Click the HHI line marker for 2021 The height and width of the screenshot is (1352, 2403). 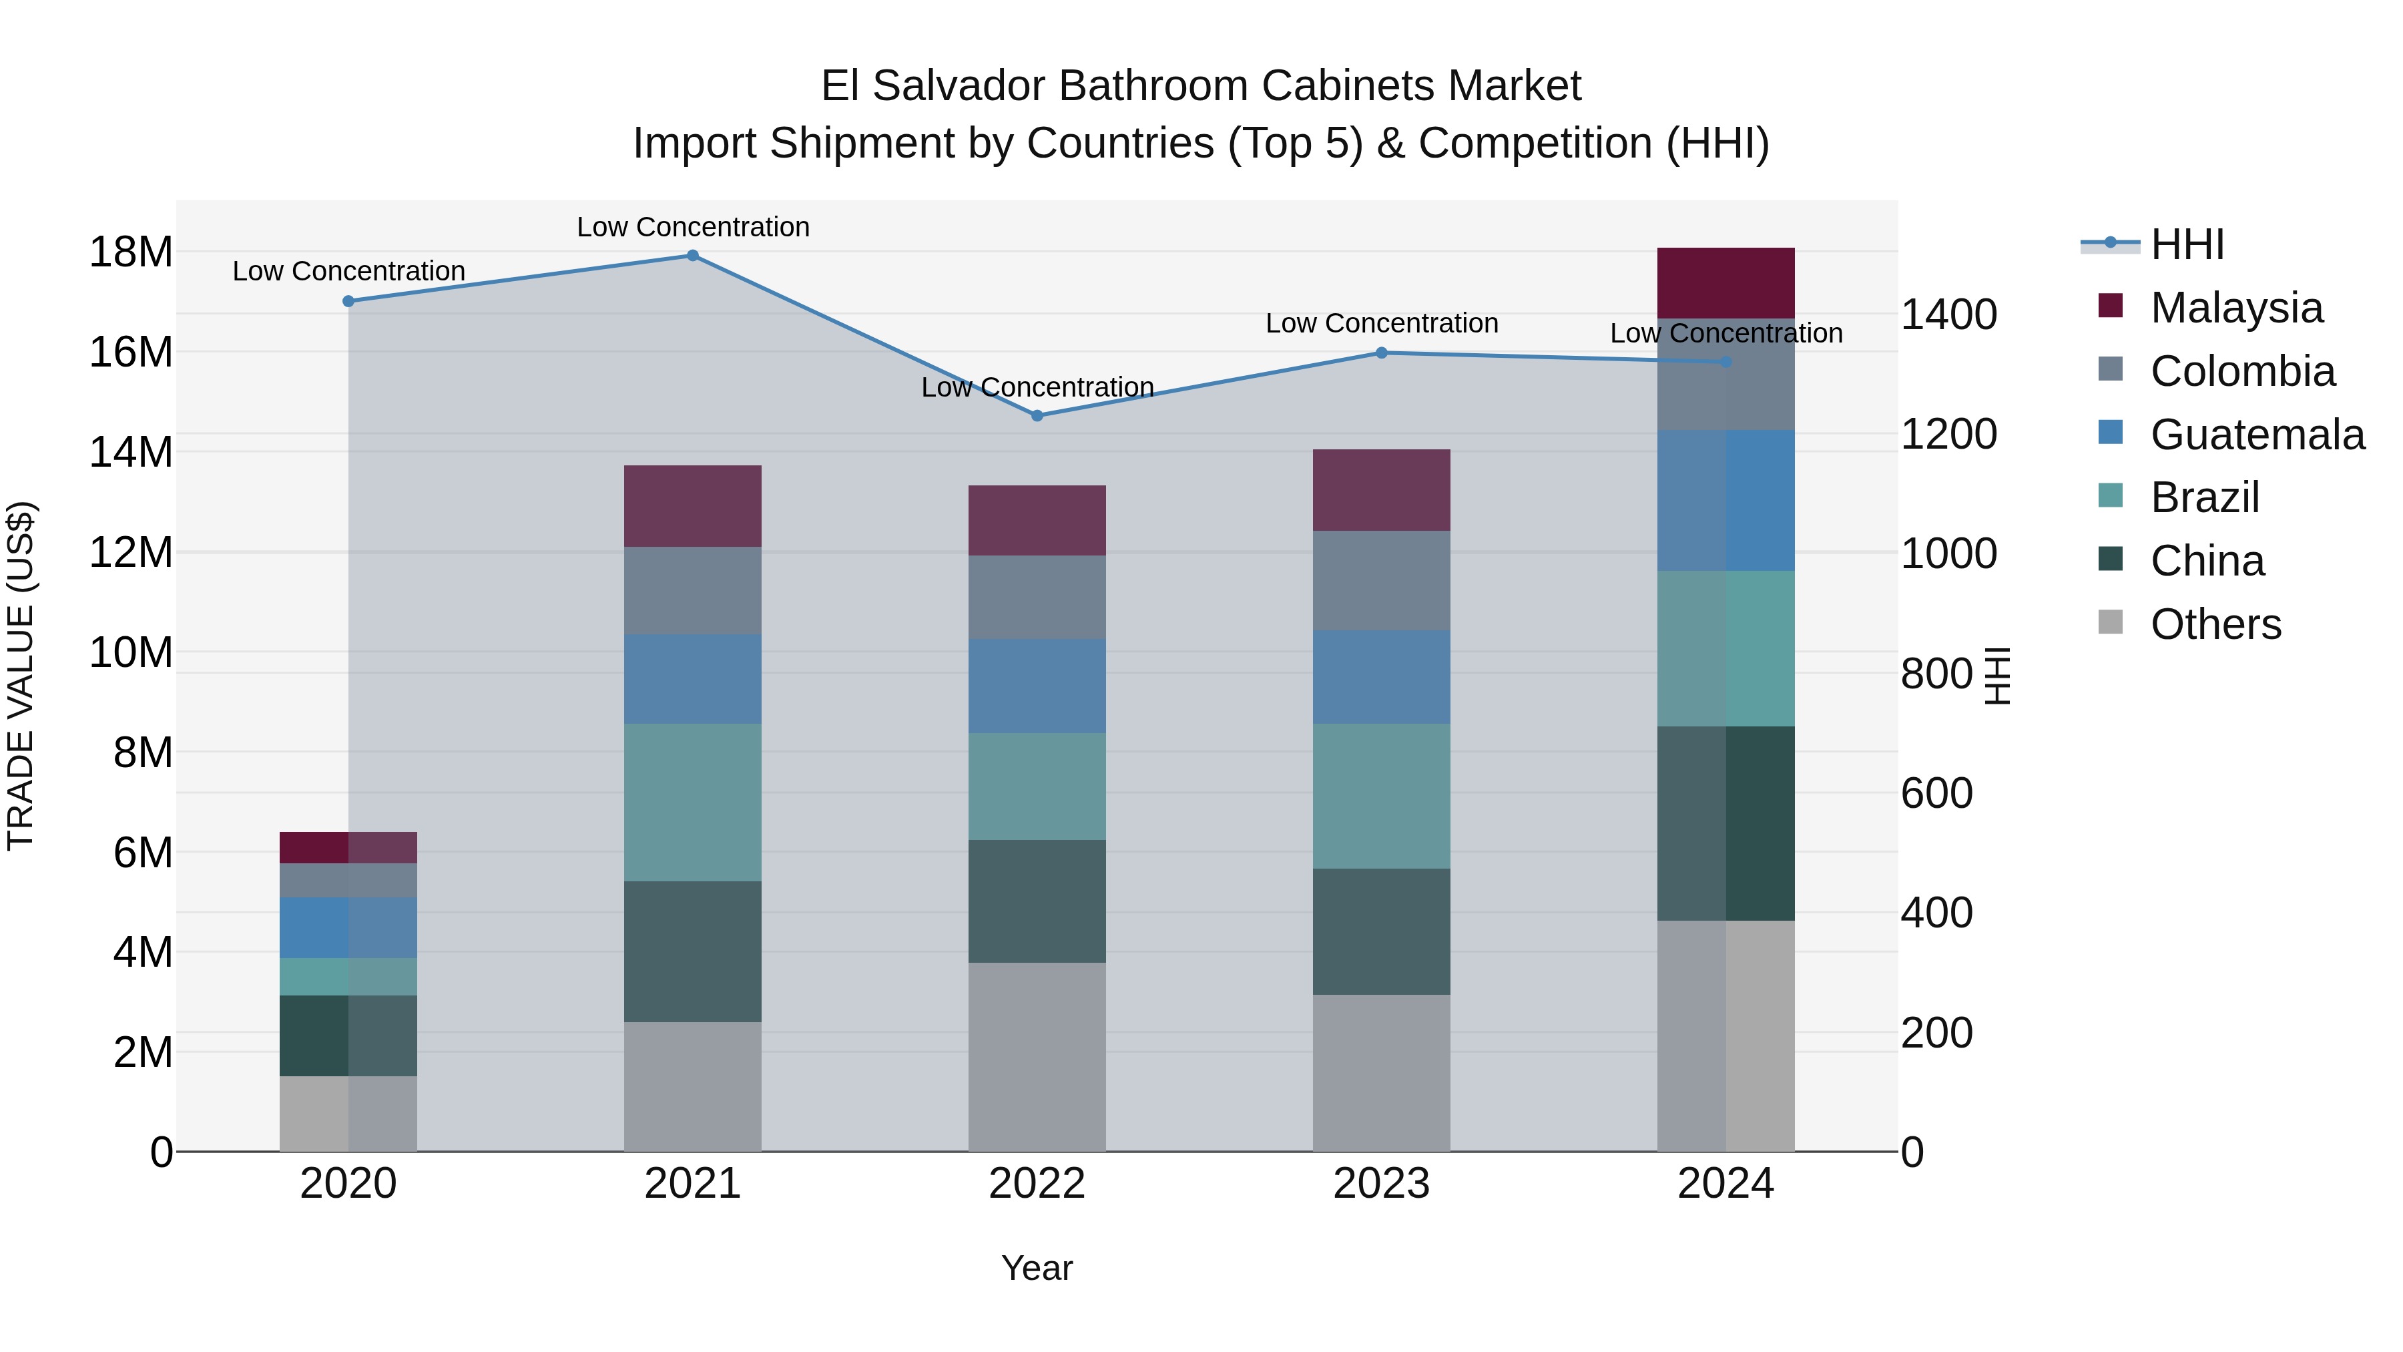point(692,256)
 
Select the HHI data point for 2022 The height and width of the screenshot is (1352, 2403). point(1037,415)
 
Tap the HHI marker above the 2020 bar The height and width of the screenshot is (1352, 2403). point(348,301)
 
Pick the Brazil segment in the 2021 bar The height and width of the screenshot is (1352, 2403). point(692,803)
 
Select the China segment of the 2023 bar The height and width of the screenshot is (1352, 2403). point(1382,931)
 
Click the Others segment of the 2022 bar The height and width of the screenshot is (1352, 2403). point(1037,1056)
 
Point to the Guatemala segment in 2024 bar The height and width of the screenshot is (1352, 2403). point(1725,500)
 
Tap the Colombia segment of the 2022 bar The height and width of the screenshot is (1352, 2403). point(1037,597)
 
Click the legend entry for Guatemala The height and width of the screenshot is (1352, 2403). point(2257,435)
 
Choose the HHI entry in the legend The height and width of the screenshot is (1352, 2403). point(2187,244)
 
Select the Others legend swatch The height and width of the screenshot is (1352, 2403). point(2110,622)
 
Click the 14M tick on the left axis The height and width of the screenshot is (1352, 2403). point(131,453)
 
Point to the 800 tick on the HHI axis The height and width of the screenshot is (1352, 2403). point(1936,674)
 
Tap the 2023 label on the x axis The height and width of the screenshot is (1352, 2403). point(1382,1184)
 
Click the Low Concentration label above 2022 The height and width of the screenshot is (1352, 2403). point(1037,387)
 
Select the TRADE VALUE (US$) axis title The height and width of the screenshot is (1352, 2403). point(21,676)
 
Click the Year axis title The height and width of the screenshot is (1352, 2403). point(1037,1268)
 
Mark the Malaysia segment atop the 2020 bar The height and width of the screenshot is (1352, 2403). point(348,847)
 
